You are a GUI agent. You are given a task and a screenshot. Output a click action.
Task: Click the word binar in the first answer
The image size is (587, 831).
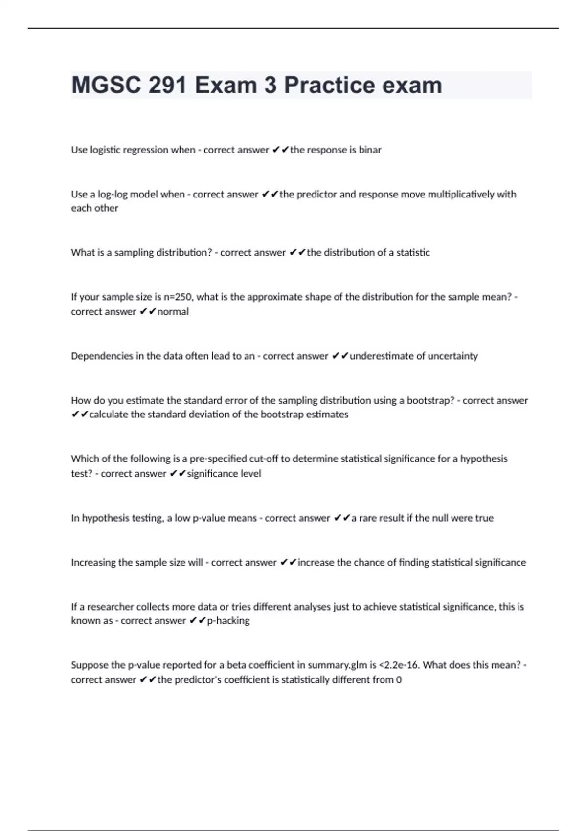pos(370,150)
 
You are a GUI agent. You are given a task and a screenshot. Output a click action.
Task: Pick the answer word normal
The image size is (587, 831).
pos(173,312)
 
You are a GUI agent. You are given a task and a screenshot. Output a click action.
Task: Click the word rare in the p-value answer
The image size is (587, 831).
pos(368,518)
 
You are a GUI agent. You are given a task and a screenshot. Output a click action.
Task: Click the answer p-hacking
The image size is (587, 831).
pos(228,621)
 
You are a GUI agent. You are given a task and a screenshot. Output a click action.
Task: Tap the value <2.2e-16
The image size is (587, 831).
pos(399,665)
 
